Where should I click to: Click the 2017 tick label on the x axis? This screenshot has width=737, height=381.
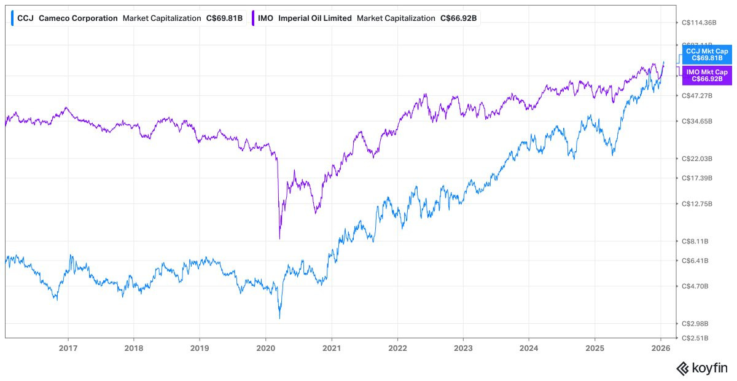pos(68,347)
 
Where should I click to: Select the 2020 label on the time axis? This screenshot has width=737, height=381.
pos(265,347)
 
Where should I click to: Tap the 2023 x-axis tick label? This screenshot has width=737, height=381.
pos(463,347)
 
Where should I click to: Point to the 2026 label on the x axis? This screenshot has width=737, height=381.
pos(660,347)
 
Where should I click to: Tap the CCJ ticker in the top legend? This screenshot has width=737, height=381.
pos(25,18)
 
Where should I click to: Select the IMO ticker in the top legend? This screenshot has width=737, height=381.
pos(266,18)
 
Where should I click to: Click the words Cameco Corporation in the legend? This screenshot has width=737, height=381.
pos(78,18)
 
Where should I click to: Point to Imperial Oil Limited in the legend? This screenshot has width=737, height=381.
pos(315,18)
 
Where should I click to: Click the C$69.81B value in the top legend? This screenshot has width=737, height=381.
pos(224,18)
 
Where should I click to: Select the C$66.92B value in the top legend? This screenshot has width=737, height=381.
pos(458,18)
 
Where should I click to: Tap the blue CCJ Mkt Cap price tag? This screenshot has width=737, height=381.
pos(707,55)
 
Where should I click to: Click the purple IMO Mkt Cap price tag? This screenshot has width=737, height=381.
pos(707,76)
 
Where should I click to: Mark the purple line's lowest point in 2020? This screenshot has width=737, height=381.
pos(279,238)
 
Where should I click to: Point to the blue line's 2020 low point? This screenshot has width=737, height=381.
pos(279,318)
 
